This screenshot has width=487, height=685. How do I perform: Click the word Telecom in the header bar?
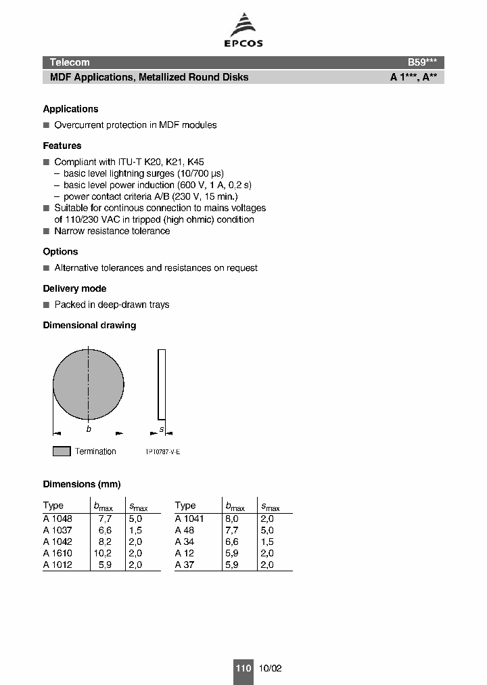click(70, 62)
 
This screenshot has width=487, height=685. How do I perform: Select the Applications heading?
click(70, 109)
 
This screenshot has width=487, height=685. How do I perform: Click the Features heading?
click(62, 146)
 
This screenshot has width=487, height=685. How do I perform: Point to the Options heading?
click(60, 252)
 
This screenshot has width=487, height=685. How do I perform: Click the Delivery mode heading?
click(74, 288)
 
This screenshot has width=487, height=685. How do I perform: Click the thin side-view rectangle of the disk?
click(161, 384)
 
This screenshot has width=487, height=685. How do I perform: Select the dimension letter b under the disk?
click(89, 429)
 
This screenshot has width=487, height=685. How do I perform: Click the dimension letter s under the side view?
click(161, 429)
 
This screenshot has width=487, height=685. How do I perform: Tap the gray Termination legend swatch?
click(62, 451)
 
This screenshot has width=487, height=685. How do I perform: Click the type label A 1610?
click(57, 553)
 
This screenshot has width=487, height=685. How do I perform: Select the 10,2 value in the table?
click(102, 553)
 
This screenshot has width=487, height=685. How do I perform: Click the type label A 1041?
click(189, 518)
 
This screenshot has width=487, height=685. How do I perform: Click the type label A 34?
click(185, 542)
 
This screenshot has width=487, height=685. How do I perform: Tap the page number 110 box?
click(243, 668)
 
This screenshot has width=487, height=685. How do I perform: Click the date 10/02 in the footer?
click(269, 668)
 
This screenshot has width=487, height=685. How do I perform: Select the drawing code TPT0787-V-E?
click(162, 452)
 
